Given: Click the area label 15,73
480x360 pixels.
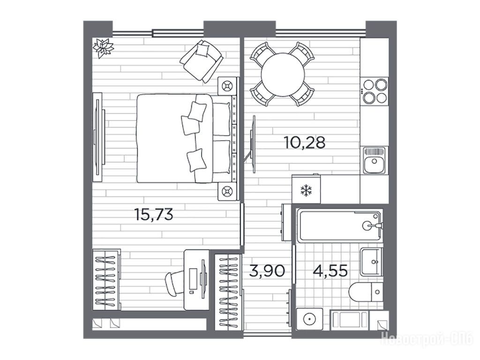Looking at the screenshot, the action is (154, 214).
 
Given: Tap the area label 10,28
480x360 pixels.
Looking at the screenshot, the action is (305, 142).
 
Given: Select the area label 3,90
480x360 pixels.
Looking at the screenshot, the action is (267, 271).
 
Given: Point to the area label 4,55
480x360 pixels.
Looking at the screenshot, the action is (330, 271).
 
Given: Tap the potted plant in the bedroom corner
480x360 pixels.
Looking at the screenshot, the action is (103, 47).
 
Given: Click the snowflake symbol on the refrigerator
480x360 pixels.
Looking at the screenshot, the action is (305, 190).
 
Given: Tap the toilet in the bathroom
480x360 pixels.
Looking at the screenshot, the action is (366, 292).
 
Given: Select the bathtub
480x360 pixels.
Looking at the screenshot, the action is (340, 225).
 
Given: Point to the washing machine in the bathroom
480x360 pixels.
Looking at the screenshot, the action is (309, 319).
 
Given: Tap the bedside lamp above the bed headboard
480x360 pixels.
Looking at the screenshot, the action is (228, 86).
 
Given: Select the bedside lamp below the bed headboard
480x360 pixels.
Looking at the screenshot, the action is (228, 192).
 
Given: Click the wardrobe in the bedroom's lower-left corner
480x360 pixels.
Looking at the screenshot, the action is (106, 280).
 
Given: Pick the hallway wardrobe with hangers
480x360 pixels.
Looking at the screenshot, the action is (228, 292).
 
